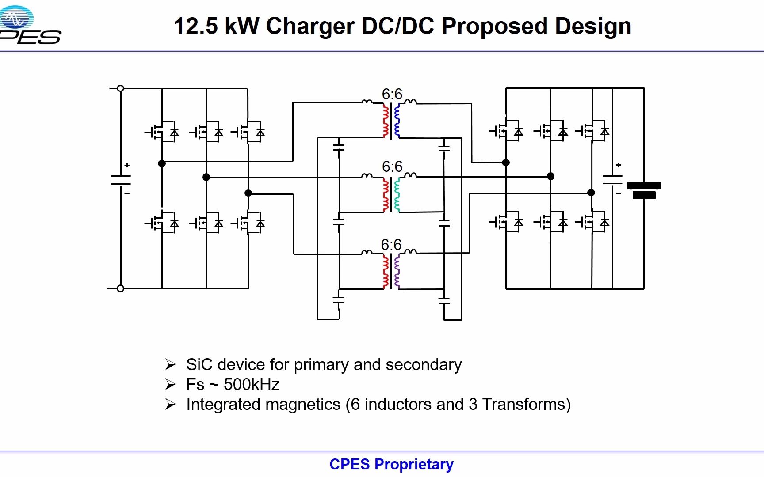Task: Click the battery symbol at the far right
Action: [644, 190]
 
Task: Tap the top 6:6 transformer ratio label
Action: [392, 94]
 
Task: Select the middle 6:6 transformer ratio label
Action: [392, 167]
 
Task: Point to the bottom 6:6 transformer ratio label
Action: [391, 245]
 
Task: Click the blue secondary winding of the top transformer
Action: [397, 120]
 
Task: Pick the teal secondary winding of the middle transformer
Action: [397, 194]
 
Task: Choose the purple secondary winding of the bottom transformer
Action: [397, 271]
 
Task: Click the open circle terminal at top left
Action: [120, 88]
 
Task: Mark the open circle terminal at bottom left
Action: [120, 288]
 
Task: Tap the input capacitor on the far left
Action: [121, 180]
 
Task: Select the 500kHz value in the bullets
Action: [252, 385]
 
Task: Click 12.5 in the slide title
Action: [196, 26]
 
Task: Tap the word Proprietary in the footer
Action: [414, 464]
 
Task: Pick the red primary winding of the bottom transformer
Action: [386, 271]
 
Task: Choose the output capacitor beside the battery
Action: [613, 180]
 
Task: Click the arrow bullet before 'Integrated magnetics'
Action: [170, 404]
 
